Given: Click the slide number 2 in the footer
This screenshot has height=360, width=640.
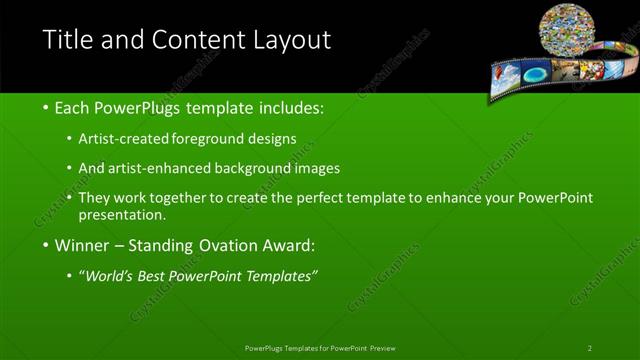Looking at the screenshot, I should point(590,347).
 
